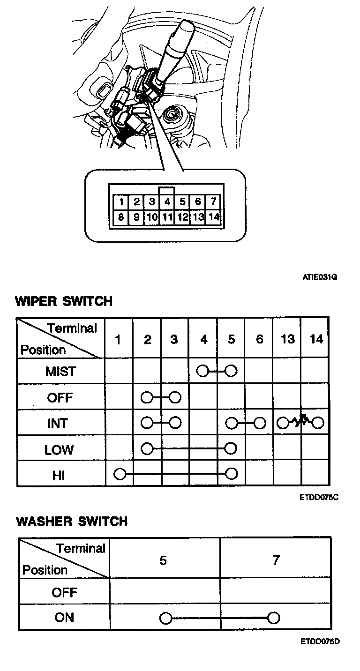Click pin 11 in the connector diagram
[167, 217]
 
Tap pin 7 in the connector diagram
[213, 202]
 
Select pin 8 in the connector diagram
[121, 217]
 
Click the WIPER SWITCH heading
[64, 301]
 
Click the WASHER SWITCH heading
[72, 521]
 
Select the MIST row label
[60, 372]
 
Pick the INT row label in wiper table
[58, 424]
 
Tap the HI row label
[59, 475]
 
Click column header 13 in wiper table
[287, 339]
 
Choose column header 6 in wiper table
[260, 339]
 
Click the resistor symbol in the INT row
[300, 421]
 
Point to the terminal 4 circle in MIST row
[203, 372]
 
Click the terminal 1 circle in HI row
[120, 474]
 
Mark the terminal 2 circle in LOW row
[147, 448]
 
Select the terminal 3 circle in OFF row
[175, 398]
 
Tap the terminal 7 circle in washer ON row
[274, 618]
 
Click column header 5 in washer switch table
[163, 560]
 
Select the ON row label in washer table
[64, 617]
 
